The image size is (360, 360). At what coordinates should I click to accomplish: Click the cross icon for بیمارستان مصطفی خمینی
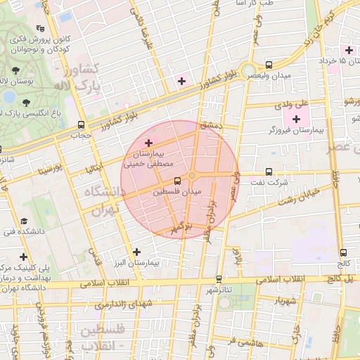pyautogui.click(x=147, y=143)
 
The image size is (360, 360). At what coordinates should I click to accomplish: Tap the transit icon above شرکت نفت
pyautogui.click(x=268, y=171)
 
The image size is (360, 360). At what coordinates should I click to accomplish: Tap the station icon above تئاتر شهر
pyautogui.click(x=219, y=279)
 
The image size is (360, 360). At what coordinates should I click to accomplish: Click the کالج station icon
pyautogui.click(x=343, y=253)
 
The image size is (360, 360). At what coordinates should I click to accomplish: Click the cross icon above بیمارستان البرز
pyautogui.click(x=136, y=251)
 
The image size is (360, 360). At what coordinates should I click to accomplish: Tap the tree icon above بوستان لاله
pyautogui.click(x=15, y=70)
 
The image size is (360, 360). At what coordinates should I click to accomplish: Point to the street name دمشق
pyautogui.click(x=210, y=124)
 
